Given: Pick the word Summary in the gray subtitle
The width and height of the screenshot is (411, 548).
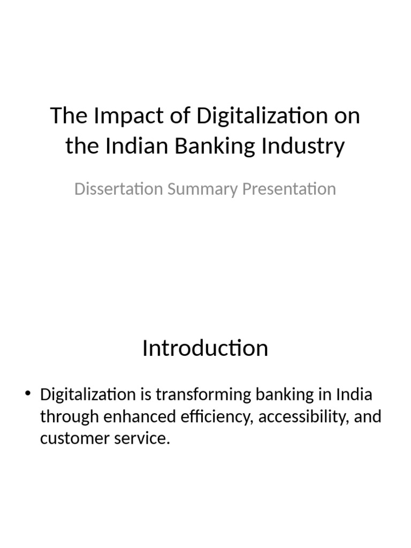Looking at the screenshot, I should [195, 189].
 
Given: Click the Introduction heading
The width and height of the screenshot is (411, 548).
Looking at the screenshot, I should [205, 348].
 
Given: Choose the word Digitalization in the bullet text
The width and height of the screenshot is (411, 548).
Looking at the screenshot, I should [88, 395].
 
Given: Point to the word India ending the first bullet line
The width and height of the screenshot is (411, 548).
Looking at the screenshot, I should [354, 395].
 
